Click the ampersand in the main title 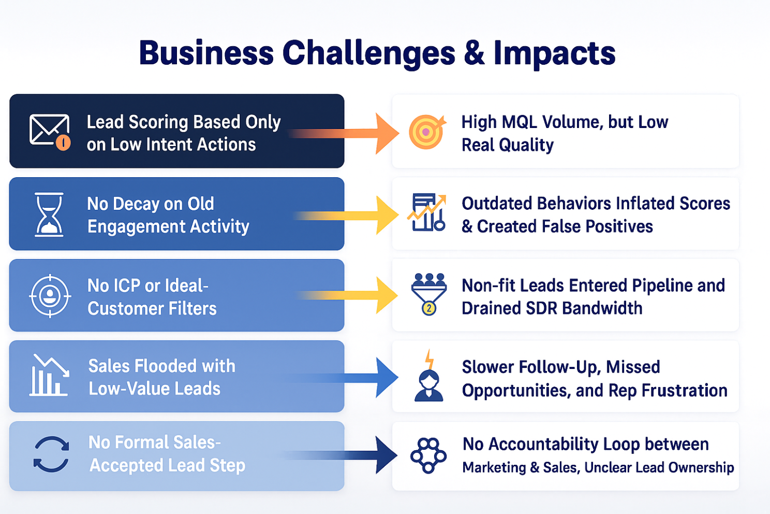point(474,53)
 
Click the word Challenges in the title point(368,54)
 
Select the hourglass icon point(49,215)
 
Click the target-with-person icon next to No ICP point(50,296)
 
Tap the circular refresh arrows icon point(51,454)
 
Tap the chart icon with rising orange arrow point(427,212)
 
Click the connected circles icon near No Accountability point(428,455)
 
